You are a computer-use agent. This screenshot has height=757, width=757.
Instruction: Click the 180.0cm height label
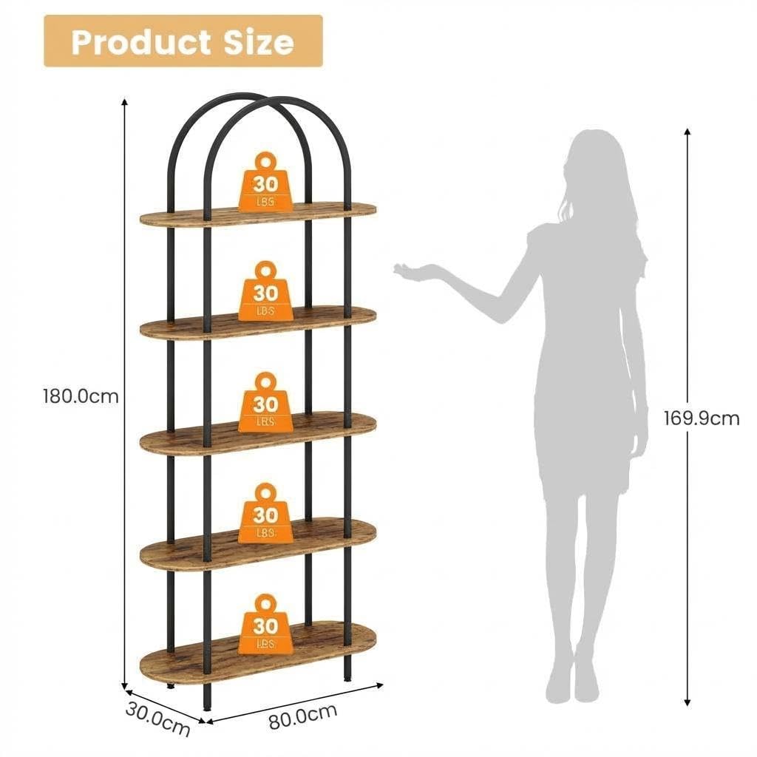tap(81, 396)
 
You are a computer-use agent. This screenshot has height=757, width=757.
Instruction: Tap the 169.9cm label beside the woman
tap(702, 418)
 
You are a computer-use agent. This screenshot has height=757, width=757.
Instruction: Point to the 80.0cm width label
tap(302, 717)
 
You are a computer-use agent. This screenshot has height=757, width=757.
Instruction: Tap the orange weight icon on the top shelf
tap(265, 182)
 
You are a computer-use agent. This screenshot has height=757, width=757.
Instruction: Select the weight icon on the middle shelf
tap(265, 401)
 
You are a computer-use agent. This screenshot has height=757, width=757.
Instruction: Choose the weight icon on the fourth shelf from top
tap(265, 512)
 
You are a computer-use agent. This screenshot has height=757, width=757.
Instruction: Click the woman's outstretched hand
tap(410, 271)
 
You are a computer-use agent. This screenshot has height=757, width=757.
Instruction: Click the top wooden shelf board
tap(258, 214)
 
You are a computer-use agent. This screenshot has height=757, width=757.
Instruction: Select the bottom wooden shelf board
tap(258, 652)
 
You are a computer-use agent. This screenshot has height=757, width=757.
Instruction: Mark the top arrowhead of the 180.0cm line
tap(124, 101)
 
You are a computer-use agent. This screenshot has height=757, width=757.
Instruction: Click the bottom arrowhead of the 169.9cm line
tap(688, 703)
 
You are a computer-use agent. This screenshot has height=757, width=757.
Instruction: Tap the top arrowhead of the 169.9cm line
tap(688, 132)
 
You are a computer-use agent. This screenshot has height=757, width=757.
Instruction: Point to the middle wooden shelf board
tap(258, 433)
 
